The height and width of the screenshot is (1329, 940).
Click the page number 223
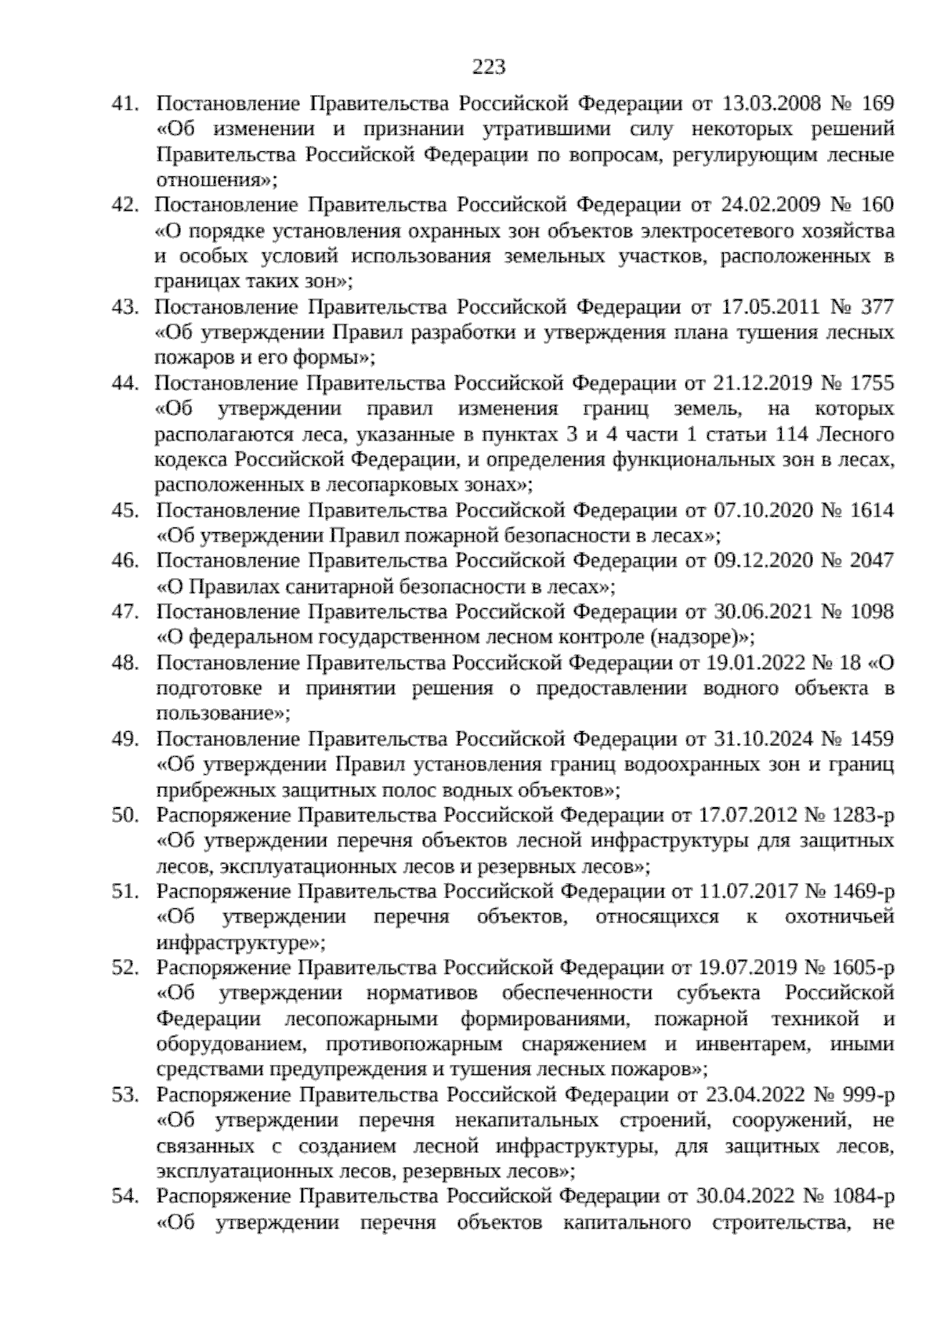488,67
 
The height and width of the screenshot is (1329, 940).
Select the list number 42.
125,205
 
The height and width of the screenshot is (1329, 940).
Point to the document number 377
877,306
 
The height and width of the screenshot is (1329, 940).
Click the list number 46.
125,561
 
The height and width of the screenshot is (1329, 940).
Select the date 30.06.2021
762,612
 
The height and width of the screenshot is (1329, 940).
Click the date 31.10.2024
762,739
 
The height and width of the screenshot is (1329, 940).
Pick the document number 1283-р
855,815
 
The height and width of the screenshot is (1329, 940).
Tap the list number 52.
125,968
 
